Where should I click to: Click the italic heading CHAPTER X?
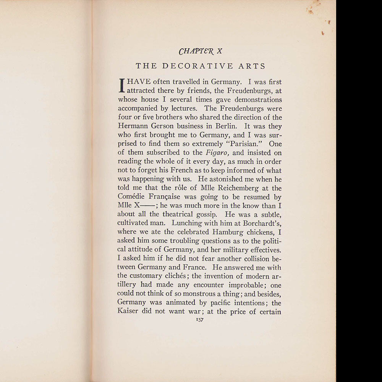[201, 51]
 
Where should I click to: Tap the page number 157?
[200, 320]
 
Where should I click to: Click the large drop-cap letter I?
[123, 86]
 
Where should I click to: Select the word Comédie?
[132, 197]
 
